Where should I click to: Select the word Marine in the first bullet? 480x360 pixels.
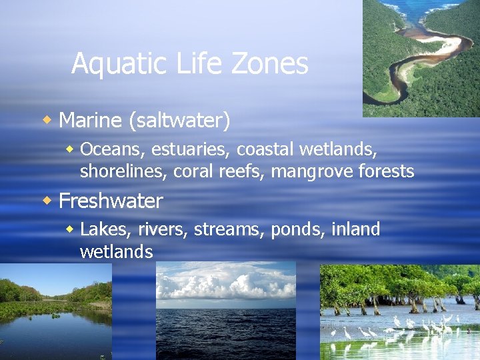tap(90, 121)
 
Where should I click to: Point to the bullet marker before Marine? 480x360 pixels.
tap(47, 120)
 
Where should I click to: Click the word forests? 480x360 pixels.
tap(387, 171)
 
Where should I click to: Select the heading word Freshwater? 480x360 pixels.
tap(111, 201)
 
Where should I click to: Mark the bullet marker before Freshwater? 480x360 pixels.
tap(47, 200)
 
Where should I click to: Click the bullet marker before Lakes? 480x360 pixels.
tap(70, 229)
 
